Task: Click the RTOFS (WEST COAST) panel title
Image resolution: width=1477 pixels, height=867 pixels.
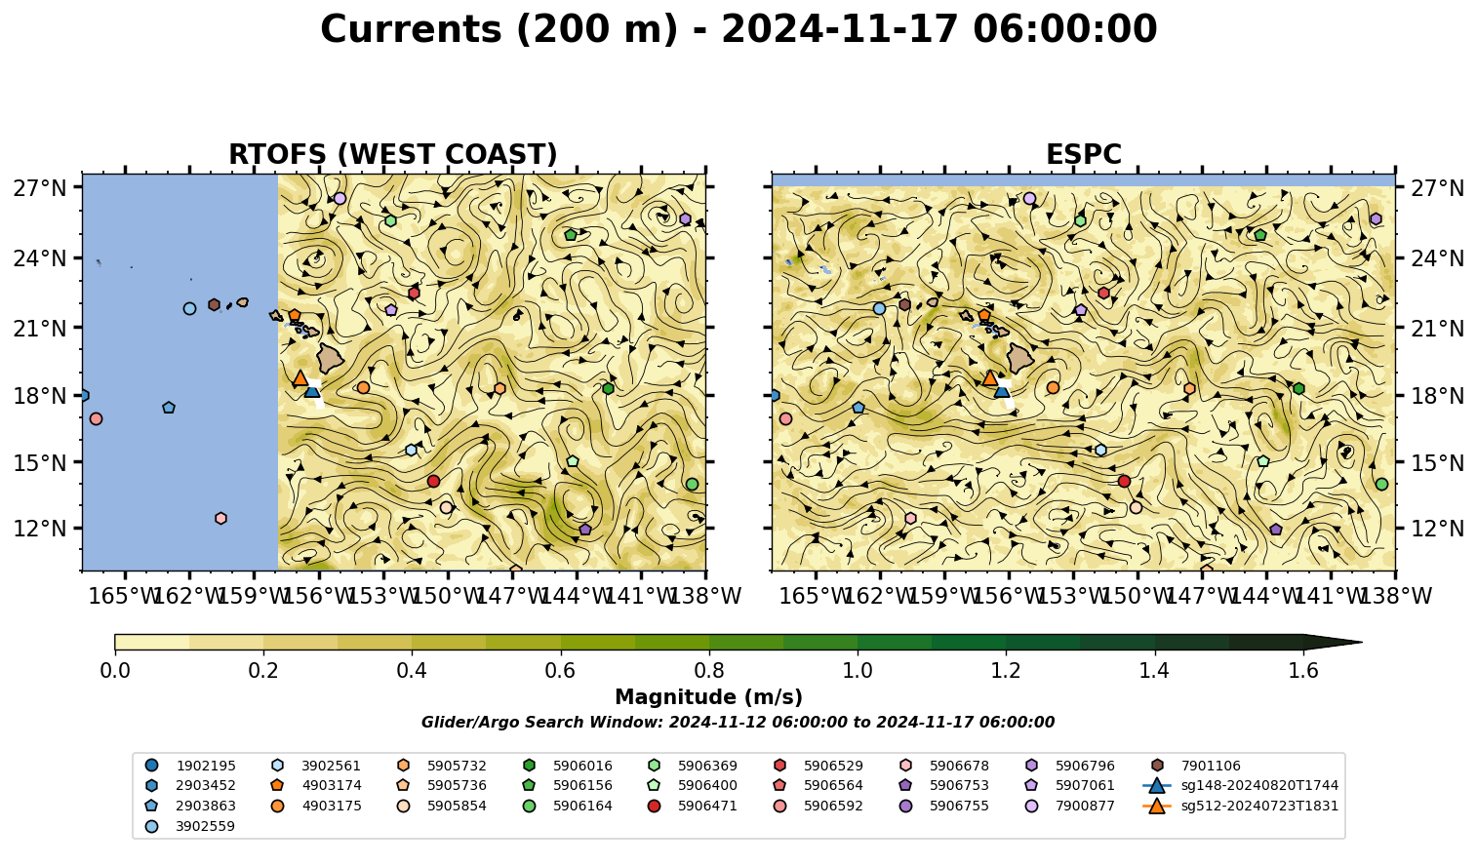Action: click(x=393, y=154)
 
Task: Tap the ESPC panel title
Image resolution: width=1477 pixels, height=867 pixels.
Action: click(x=1083, y=154)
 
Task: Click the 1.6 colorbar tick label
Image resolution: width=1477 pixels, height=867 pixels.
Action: click(x=1303, y=671)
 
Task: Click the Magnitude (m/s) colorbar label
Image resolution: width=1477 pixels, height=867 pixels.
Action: click(x=709, y=697)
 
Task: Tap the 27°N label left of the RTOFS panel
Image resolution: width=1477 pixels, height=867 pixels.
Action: click(x=40, y=188)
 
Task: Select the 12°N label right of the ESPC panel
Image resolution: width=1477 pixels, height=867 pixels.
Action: click(x=1437, y=529)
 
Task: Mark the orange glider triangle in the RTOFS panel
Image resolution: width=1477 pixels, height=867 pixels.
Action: click(x=300, y=377)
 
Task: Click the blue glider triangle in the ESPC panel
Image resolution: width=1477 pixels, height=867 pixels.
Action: click(x=1002, y=390)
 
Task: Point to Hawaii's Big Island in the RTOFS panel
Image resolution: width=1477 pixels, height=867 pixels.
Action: click(x=331, y=357)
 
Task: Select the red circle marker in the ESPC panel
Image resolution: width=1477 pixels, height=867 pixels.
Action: click(x=1124, y=482)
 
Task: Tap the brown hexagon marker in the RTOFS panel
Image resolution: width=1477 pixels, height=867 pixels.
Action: click(x=214, y=304)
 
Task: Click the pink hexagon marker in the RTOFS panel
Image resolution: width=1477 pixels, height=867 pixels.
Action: click(x=220, y=518)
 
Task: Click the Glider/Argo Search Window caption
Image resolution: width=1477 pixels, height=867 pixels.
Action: click(x=738, y=723)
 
